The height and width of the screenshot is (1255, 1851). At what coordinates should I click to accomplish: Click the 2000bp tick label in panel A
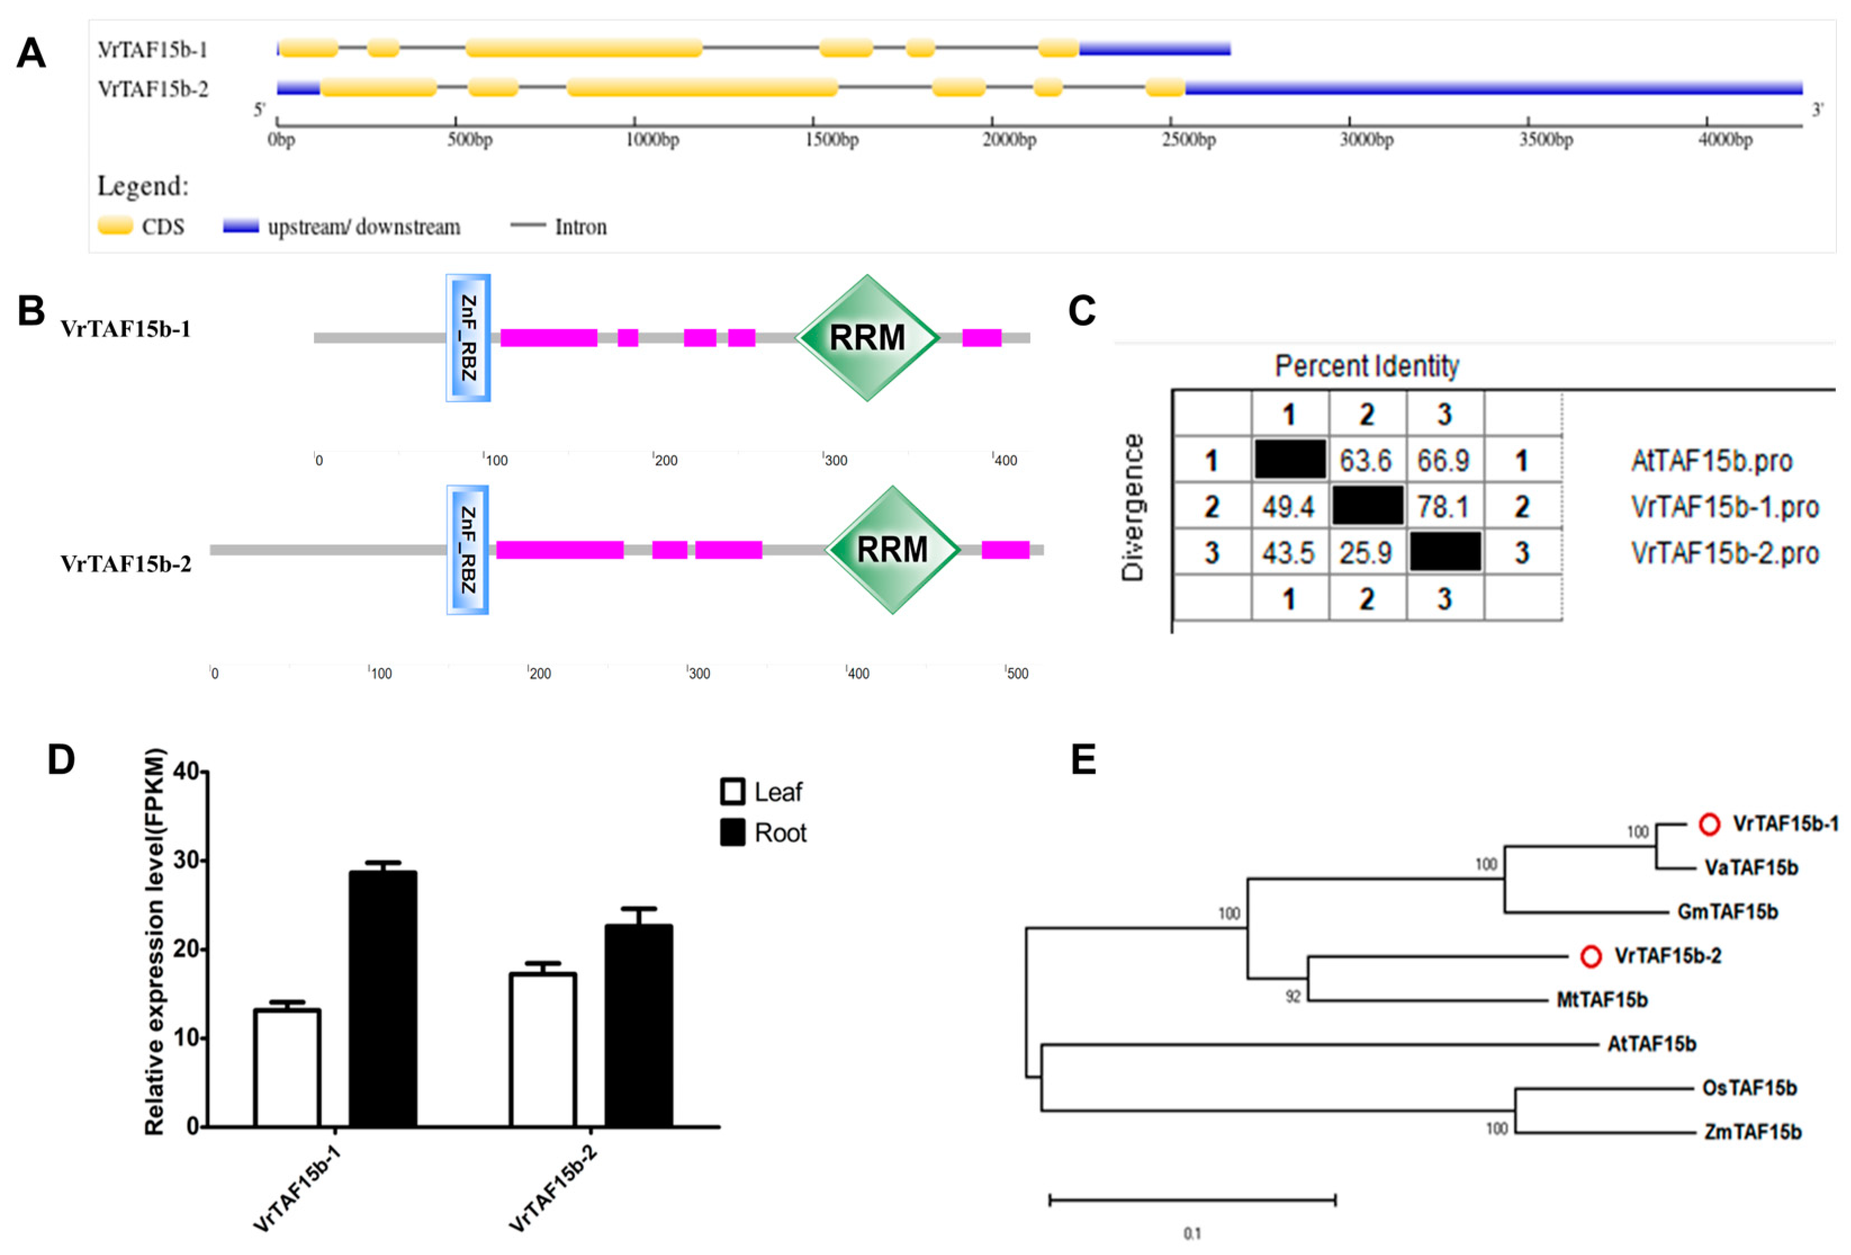point(1009,140)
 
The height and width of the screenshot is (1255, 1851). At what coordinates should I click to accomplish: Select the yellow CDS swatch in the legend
point(115,226)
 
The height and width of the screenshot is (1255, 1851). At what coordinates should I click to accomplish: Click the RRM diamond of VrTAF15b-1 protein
point(867,338)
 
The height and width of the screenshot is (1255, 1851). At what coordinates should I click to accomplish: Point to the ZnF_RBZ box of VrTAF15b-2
point(467,550)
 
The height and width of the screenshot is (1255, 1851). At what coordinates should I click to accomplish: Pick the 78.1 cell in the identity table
point(1444,506)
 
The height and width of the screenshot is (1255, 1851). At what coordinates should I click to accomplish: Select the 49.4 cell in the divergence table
point(1289,506)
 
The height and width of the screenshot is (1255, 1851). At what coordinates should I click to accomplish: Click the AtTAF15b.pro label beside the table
point(1711,460)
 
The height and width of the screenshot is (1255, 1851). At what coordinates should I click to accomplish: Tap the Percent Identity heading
point(1367,366)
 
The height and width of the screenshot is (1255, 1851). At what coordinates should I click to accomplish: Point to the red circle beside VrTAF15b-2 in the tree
point(1591,956)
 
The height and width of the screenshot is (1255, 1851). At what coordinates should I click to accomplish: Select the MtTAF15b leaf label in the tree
point(1602,1000)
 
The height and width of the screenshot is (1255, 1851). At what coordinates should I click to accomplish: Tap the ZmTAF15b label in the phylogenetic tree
point(1752,1132)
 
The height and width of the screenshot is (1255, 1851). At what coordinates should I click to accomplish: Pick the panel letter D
point(61,759)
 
